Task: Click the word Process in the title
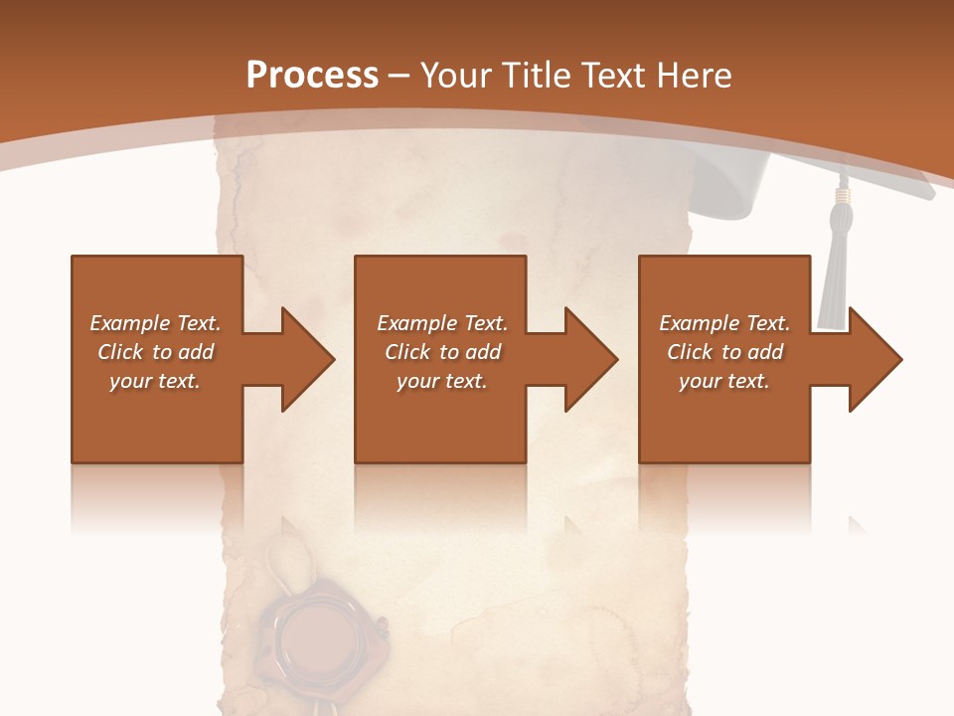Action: [x=312, y=76]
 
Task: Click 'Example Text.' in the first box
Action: [x=156, y=323]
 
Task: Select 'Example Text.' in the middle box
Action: [x=442, y=323]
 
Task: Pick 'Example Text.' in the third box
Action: [x=724, y=323]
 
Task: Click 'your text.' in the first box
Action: [x=155, y=381]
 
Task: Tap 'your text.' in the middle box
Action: [x=442, y=381]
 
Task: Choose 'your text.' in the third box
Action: [x=724, y=381]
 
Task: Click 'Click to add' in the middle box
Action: [x=442, y=352]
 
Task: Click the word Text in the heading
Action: [x=613, y=76]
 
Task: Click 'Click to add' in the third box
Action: [x=724, y=352]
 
